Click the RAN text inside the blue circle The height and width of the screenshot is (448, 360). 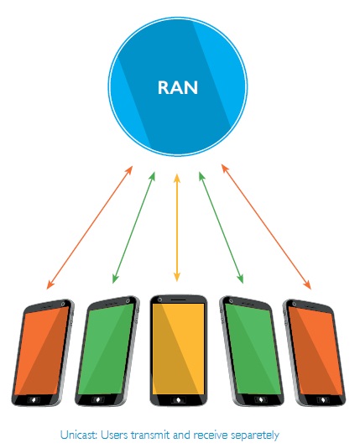point(178,87)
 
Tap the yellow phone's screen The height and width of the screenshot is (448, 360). point(178,349)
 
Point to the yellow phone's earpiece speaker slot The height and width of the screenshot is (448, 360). point(179,300)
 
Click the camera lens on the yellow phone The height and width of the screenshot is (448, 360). point(160,300)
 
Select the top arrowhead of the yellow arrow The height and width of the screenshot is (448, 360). point(177,178)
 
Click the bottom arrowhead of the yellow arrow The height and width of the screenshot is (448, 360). point(177,277)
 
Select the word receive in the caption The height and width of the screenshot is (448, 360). point(211,435)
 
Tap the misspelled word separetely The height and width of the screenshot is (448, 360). point(254,435)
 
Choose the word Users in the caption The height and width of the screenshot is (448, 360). point(114,435)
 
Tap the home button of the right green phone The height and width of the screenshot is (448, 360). point(261,399)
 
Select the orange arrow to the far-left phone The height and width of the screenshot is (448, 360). point(90,227)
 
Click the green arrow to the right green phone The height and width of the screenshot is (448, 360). point(222,227)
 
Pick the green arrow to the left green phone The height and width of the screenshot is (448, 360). point(133,227)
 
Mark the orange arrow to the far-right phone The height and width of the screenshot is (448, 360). point(266,227)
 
